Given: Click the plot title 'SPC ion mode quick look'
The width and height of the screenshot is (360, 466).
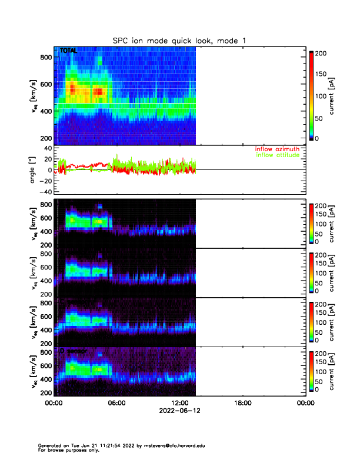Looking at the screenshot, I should (x=179, y=41).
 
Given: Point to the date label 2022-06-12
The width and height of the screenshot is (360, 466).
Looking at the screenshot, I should (x=179, y=411).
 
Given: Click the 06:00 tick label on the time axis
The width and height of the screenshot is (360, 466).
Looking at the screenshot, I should (x=116, y=403).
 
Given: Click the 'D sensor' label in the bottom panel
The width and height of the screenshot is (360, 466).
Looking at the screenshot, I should (x=73, y=351).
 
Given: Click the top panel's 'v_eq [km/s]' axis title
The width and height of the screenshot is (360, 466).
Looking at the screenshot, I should (x=34, y=96).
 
